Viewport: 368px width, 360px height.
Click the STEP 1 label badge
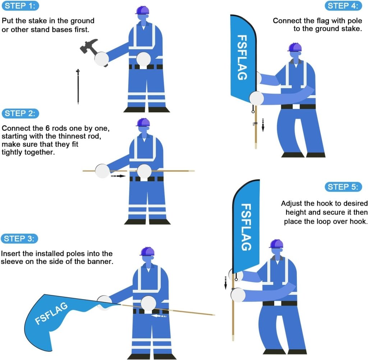pos(20,6)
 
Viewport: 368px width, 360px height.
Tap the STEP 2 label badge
pos(20,113)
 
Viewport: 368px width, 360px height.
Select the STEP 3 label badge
pos(20,229)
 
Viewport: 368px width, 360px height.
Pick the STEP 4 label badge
pos(343,6)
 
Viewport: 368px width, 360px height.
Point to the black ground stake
pos(78,86)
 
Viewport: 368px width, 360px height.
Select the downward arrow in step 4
pos(263,124)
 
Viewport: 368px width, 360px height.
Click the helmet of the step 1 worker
pos(142,10)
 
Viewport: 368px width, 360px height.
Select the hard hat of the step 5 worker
pos(276,243)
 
